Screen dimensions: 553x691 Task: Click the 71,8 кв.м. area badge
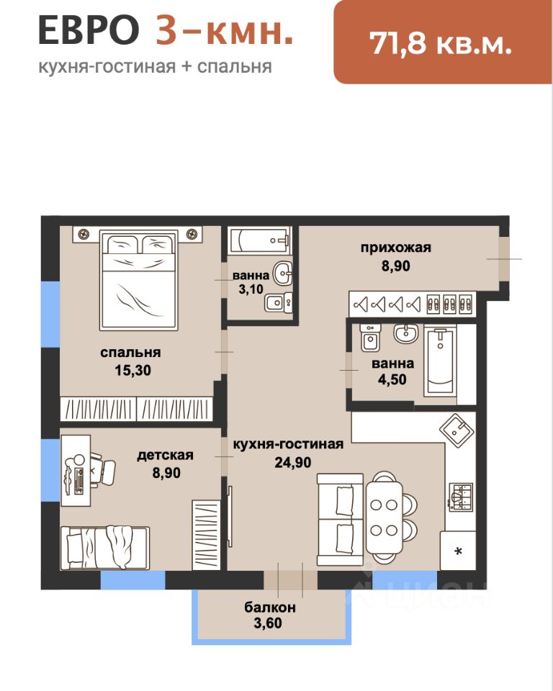pos(443,42)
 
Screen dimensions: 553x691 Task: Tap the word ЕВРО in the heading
pos(89,30)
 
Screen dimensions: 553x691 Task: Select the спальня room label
pos(130,353)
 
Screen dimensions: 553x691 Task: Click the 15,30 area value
pos(132,370)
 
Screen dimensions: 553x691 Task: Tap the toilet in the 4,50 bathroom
pos(370,338)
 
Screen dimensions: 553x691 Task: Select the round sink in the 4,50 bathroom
pos(405,333)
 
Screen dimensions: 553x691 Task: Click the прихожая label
pos(396,248)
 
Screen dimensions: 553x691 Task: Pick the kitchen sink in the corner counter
pos(457,431)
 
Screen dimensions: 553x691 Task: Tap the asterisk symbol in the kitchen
pos(458,551)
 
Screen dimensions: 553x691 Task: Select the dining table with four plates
pos(384,517)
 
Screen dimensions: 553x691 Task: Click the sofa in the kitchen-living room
pos(340,520)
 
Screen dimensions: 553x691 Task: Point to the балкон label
pos(270,608)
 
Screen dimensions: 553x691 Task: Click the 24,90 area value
pos(293,462)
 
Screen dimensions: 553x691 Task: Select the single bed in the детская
pos(105,548)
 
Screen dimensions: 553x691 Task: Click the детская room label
pos(166,455)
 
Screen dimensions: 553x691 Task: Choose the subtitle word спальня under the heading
pos(234,66)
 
